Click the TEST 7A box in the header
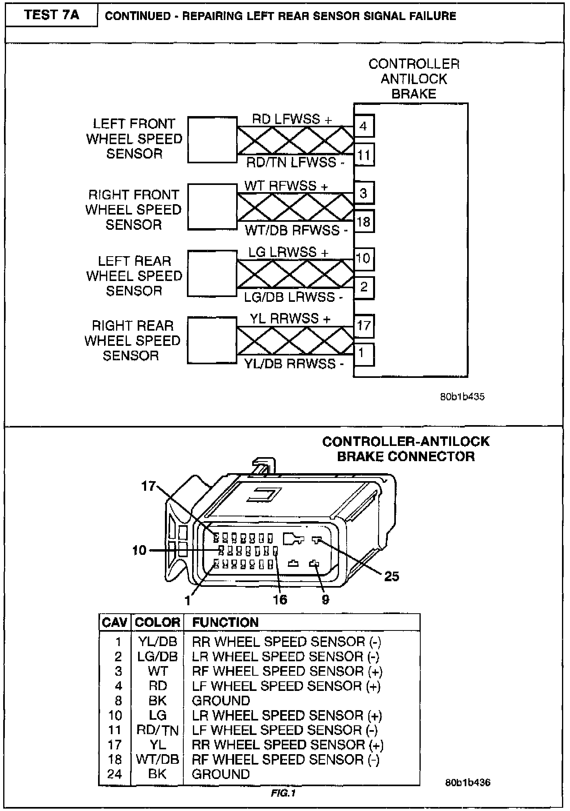coord(51,15)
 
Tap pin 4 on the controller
coord(363,126)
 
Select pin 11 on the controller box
coord(363,155)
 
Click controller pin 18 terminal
coord(363,221)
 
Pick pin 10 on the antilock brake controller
coord(363,258)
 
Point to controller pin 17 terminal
coord(363,325)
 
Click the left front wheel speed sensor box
coord(212,140)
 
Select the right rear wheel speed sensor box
coord(212,341)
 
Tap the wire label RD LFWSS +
coord(292,119)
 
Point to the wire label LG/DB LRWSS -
coord(293,297)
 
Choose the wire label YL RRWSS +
coord(290,319)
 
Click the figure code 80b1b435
coord(462,397)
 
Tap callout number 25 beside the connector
coord(391,576)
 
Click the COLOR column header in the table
coord(157,622)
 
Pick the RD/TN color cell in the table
coord(157,730)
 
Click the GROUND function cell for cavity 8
coord(221,701)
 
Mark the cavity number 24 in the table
coord(114,774)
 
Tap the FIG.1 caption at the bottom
coord(283,793)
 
